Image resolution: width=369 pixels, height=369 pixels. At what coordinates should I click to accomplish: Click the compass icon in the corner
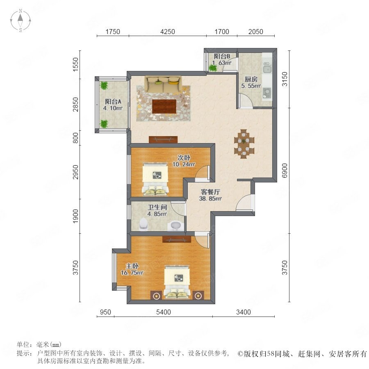20,20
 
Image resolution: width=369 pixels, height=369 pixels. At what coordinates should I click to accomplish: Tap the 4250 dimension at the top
168,32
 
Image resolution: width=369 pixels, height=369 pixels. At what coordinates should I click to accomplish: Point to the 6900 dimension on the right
285,171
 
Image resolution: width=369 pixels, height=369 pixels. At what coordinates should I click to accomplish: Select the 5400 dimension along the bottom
164,312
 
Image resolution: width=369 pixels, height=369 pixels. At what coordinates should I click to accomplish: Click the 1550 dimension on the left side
75,64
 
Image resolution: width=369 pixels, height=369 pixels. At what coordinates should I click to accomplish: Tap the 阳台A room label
113,102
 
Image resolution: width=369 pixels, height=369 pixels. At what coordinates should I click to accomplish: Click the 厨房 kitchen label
251,79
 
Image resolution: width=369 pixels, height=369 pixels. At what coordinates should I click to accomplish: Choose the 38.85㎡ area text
210,198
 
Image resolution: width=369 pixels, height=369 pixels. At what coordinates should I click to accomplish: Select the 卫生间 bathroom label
157,207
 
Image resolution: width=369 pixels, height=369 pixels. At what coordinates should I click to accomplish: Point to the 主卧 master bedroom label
132,266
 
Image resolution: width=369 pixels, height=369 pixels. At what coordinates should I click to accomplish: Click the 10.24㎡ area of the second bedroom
184,164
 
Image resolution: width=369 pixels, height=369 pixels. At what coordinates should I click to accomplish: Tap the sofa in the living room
163,84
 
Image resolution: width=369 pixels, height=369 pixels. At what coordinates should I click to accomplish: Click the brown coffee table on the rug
164,106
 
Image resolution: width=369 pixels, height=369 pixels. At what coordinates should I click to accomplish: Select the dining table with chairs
244,143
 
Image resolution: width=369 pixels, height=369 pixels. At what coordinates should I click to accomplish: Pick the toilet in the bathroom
143,223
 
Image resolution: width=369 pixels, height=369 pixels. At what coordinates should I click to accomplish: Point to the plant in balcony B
213,68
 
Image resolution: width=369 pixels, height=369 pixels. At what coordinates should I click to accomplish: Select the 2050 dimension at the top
255,32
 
